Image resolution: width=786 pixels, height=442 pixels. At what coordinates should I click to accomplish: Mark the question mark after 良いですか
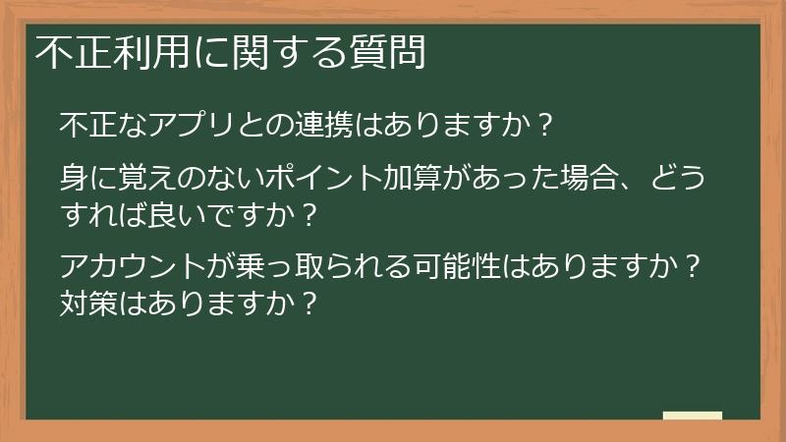point(308,211)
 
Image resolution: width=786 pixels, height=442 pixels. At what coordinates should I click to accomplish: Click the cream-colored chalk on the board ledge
point(692,415)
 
